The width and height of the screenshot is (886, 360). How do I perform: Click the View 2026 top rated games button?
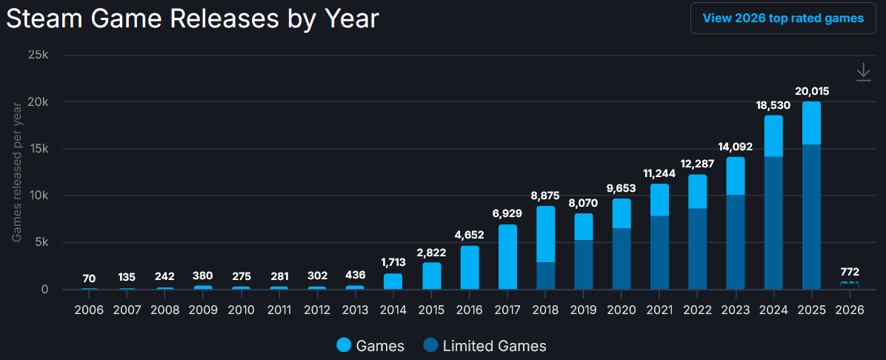(783, 18)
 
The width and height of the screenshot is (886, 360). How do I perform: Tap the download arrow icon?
(863, 71)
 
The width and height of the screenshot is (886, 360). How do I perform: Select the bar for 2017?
(507, 256)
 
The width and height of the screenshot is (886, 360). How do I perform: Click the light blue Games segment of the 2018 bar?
(545, 233)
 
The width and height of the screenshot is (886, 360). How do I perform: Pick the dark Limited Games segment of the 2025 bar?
(811, 216)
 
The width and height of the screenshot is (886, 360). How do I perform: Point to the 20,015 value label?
(811, 92)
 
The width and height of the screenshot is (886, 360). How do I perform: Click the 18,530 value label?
(773, 105)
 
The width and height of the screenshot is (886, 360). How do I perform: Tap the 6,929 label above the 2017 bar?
(507, 213)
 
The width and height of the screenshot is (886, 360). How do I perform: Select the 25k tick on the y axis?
(38, 55)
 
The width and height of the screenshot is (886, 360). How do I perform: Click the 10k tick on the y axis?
(38, 196)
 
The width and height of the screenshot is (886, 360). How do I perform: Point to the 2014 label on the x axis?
(393, 309)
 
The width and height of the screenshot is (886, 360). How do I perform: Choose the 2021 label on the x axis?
(659, 309)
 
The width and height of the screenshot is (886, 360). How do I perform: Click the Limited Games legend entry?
(485, 345)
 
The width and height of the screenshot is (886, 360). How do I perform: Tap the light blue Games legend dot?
(344, 345)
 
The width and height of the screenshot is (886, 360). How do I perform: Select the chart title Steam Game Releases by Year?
(193, 20)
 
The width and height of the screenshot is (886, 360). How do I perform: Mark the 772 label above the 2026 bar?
(849, 271)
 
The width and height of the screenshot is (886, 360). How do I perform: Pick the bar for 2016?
(470, 267)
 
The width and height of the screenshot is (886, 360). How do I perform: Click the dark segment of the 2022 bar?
(697, 248)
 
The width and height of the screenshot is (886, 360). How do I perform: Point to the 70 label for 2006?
(89, 279)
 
